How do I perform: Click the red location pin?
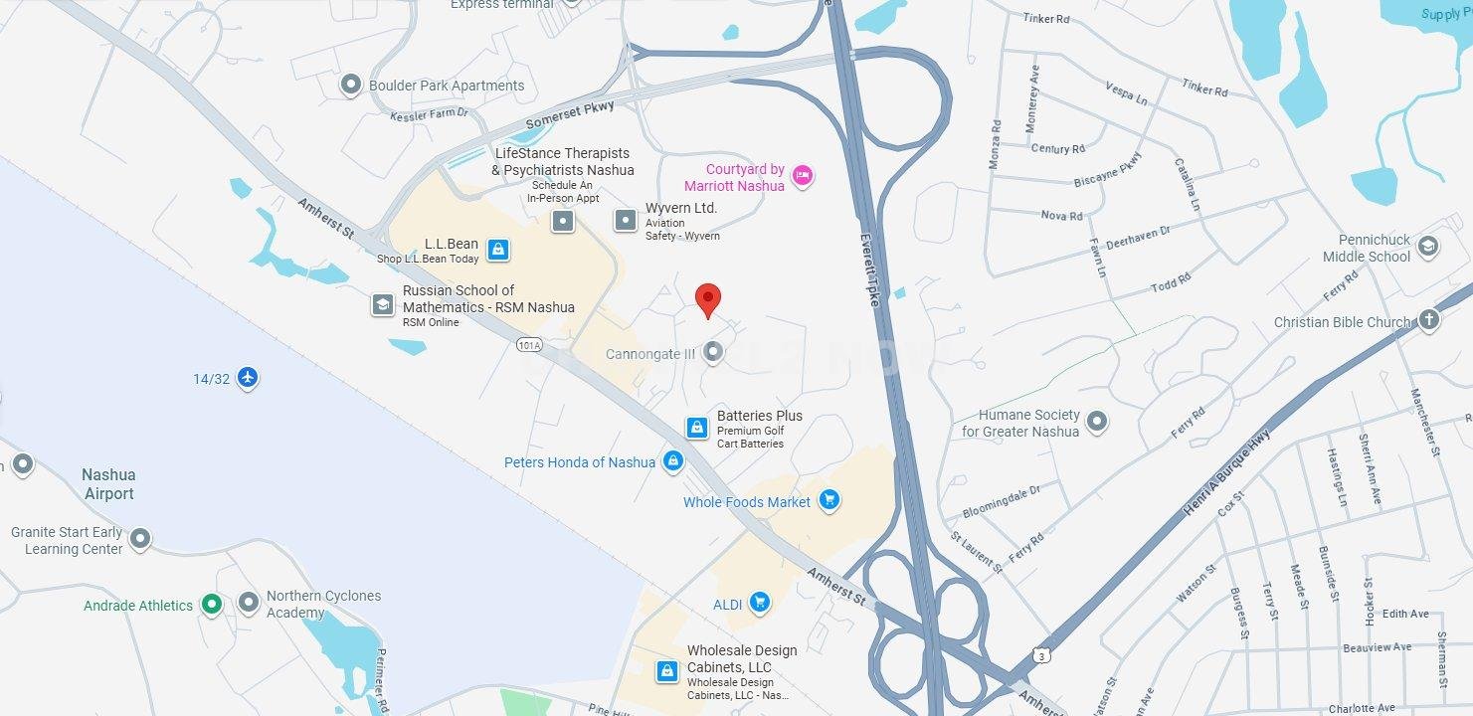tap(707, 299)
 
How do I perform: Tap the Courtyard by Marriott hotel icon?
tap(804, 177)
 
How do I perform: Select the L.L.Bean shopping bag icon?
tap(498, 250)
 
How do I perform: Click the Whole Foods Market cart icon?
tap(829, 501)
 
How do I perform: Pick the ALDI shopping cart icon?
tap(760, 603)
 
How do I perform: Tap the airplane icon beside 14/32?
tap(248, 378)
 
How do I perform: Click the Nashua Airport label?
tap(108, 484)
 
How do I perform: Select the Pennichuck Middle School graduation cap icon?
tap(1428, 247)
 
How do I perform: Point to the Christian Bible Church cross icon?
tap(1428, 320)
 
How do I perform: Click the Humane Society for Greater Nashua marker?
tap(1097, 423)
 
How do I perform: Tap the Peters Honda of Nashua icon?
tap(673, 461)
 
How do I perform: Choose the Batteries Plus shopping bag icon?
tap(697, 428)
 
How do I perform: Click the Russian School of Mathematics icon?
tap(383, 304)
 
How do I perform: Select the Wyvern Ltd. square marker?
tap(625, 220)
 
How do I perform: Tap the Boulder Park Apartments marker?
tap(350, 85)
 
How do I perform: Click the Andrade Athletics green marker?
tap(211, 605)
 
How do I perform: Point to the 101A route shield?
tap(530, 345)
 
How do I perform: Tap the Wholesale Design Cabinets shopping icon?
tap(666, 671)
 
